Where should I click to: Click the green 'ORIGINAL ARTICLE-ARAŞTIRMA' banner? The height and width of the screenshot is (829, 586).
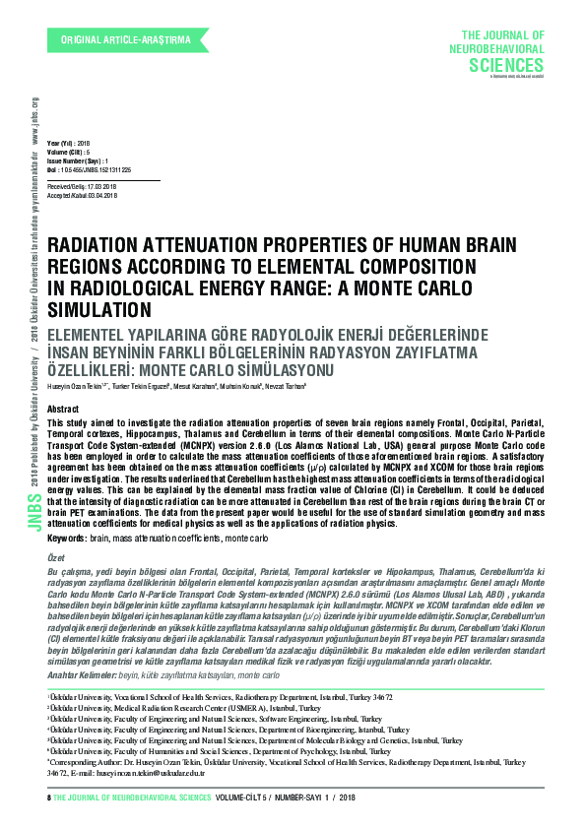(x=125, y=39)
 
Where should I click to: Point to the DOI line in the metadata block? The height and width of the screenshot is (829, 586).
(x=90, y=169)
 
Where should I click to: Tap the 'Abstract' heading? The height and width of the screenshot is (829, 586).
(x=63, y=407)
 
